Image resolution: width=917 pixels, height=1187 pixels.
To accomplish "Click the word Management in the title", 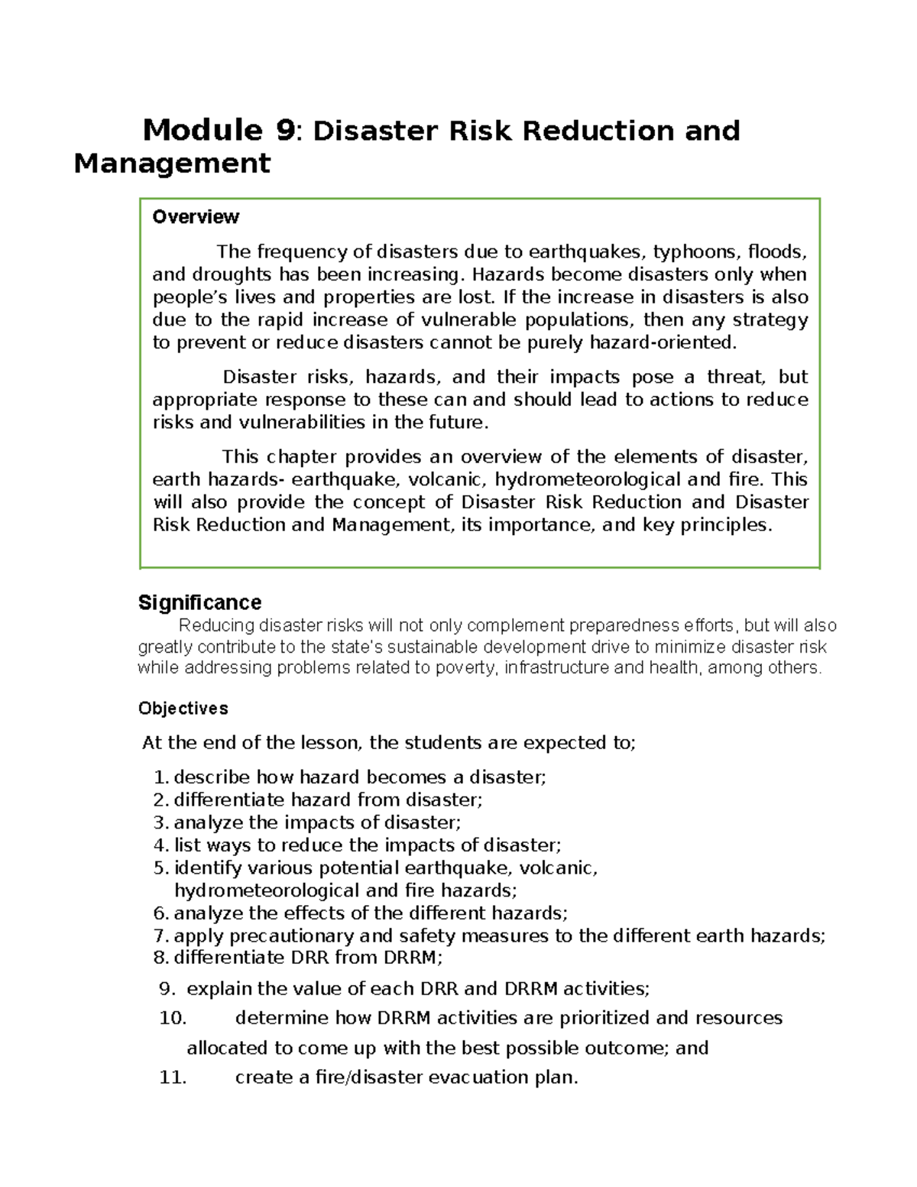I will click(172, 164).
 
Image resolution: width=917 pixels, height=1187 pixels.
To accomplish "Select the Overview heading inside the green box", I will click(196, 217).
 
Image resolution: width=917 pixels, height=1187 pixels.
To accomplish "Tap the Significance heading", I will click(199, 602).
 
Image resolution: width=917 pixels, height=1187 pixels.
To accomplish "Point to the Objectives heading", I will click(183, 709).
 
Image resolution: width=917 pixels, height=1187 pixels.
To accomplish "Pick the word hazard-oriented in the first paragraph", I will click(663, 342).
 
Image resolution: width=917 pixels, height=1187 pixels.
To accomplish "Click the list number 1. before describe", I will click(160, 777).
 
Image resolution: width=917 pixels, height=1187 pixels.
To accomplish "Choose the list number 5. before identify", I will click(160, 868).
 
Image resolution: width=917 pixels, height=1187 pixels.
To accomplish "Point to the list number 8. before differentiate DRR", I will click(160, 958).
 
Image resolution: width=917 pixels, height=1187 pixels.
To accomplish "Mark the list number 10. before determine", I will click(173, 1018).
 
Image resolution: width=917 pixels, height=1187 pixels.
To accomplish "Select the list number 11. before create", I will click(173, 1078).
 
